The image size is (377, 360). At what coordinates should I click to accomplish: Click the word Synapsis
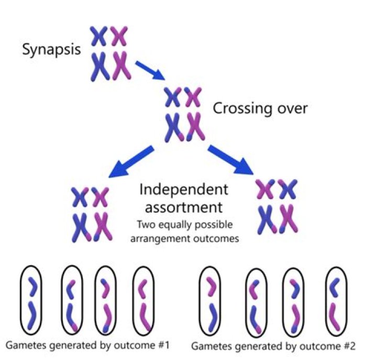(x=51, y=51)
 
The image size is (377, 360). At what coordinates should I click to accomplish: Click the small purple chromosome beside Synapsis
(x=119, y=36)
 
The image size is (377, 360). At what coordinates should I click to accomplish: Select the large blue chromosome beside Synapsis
(x=99, y=65)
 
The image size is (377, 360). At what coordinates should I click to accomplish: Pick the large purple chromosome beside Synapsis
(x=121, y=65)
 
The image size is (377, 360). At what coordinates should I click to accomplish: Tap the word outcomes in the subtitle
(x=223, y=238)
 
